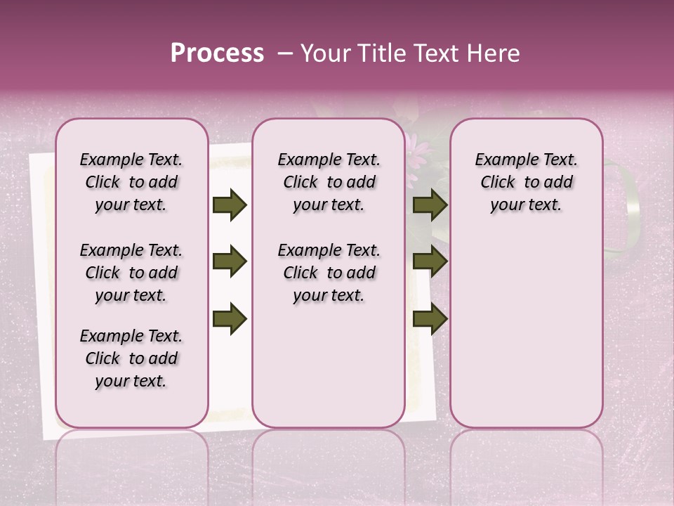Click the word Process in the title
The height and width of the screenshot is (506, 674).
(217, 53)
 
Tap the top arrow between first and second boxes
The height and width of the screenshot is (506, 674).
(230, 205)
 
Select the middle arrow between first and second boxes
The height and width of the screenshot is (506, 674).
(230, 262)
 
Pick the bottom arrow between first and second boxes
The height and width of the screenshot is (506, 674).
(230, 319)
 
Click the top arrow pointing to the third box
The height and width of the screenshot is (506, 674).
(430, 205)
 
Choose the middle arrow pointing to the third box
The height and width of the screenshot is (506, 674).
(430, 262)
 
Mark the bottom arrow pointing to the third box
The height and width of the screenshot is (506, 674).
(430, 319)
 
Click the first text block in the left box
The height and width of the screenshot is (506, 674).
(131, 182)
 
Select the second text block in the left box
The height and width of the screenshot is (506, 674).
(131, 273)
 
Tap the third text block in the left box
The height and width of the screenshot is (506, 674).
(131, 358)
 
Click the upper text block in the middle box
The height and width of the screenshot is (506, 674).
(329, 182)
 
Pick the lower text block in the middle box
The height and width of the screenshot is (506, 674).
(329, 273)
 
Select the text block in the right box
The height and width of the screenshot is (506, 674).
(526, 182)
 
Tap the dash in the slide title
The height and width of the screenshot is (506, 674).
(284, 53)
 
